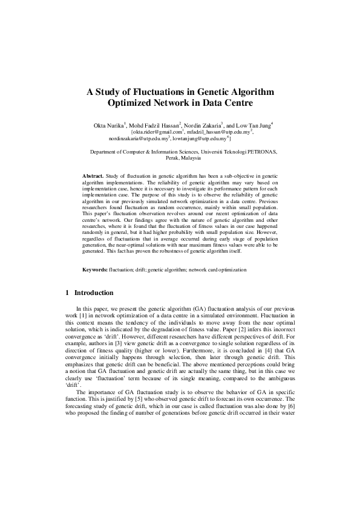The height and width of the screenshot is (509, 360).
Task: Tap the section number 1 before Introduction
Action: click(67, 293)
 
